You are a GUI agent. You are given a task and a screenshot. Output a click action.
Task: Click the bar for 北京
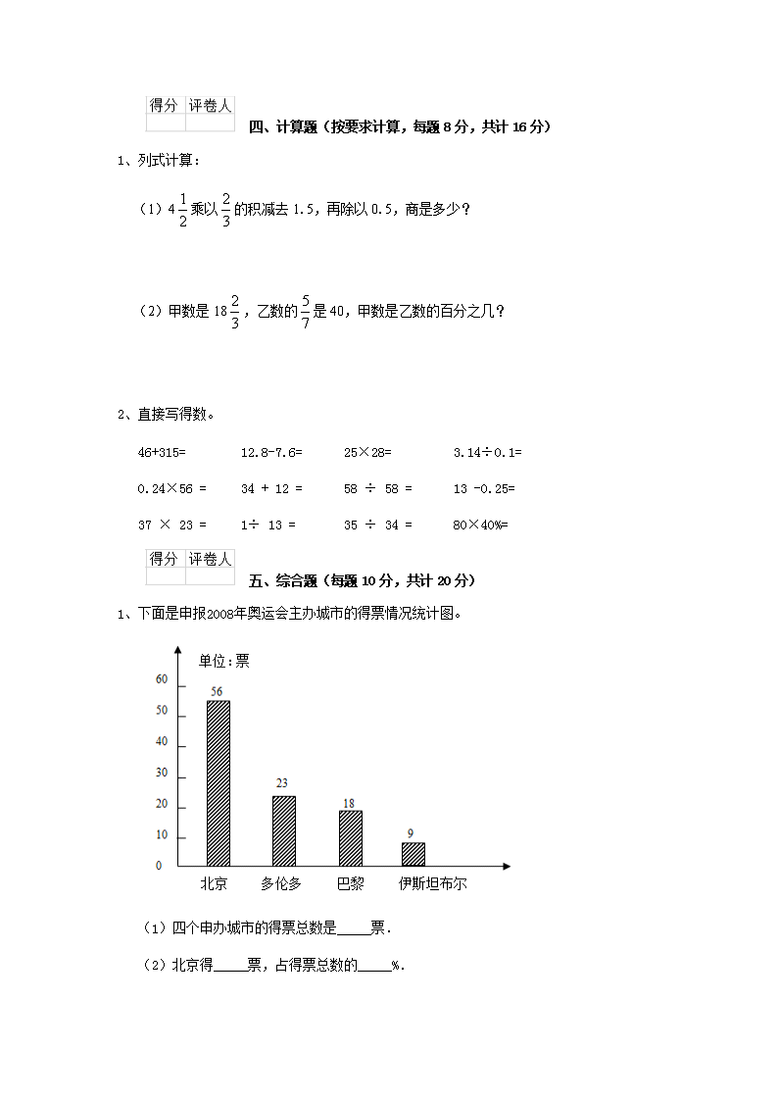[x=218, y=782]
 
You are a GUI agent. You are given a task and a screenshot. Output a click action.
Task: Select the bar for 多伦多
[x=283, y=830]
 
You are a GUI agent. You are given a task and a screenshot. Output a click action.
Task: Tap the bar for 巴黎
[x=350, y=838]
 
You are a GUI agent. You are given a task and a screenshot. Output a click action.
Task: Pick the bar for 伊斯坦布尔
[x=413, y=854]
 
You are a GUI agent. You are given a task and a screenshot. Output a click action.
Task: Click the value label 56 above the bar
[x=218, y=691]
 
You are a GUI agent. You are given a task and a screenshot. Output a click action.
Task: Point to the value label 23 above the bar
[x=282, y=783]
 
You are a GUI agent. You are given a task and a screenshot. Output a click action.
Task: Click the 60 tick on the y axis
[x=162, y=679]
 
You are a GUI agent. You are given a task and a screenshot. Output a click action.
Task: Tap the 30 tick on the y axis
[x=162, y=774]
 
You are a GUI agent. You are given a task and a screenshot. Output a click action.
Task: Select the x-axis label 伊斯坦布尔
[x=432, y=883]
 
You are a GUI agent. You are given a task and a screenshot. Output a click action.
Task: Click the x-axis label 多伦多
[x=281, y=883]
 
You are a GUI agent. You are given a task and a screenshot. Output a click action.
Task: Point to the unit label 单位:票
[x=224, y=662]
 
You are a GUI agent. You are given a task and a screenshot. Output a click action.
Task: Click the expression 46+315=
[x=162, y=452]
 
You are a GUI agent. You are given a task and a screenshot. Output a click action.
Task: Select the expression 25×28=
[x=367, y=452]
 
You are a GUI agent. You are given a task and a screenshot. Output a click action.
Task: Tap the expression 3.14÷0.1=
[x=488, y=452]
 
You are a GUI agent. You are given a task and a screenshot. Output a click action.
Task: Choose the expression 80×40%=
[x=481, y=525]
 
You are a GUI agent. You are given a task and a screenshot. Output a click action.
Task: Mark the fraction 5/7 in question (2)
[x=306, y=311]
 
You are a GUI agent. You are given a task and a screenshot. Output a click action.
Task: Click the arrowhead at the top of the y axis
[x=177, y=649]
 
